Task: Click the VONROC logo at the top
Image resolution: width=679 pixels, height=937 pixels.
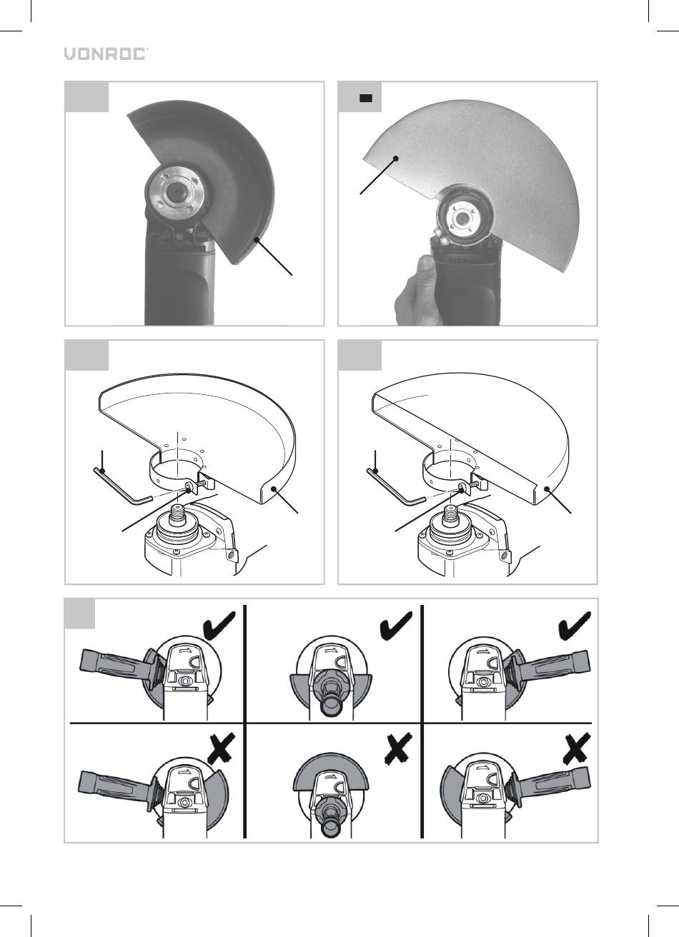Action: [x=106, y=54]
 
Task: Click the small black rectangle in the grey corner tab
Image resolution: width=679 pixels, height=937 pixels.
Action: [x=366, y=99]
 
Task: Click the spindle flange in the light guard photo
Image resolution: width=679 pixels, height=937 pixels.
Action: [x=462, y=217]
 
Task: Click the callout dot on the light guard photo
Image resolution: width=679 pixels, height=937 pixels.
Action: [x=395, y=158]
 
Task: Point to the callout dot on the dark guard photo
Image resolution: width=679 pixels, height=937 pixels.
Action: [x=256, y=239]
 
